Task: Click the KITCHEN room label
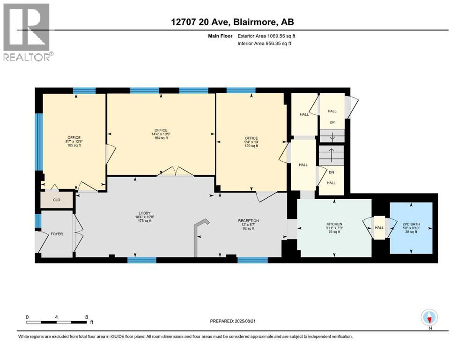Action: click(x=334, y=225)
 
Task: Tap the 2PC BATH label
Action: click(x=412, y=225)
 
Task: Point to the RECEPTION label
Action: click(x=248, y=221)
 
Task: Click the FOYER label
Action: click(x=57, y=234)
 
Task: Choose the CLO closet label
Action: click(x=57, y=200)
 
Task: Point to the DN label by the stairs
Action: click(x=331, y=172)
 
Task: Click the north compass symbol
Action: click(x=429, y=318)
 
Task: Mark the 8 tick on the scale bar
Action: click(x=86, y=316)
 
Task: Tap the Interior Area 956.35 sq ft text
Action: click(x=264, y=43)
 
